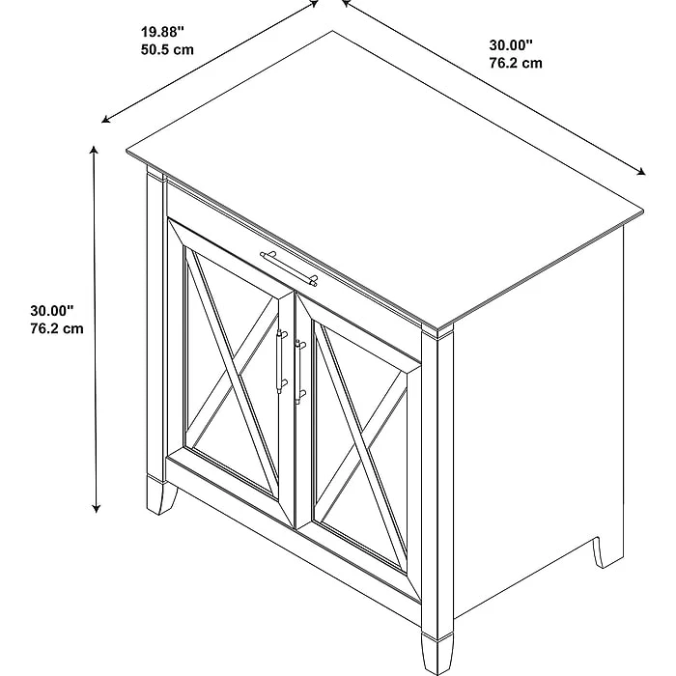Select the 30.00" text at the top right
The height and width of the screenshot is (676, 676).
pos(511,45)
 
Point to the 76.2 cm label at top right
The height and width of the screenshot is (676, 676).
pos(515,63)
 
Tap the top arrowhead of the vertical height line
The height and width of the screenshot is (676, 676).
pos(95,150)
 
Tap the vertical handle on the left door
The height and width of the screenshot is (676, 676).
pos(281,361)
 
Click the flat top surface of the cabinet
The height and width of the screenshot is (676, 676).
pos(386,174)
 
